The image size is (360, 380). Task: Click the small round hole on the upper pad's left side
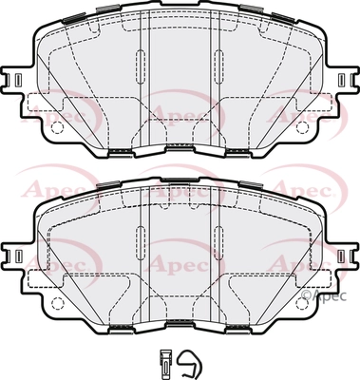click(x=58, y=127)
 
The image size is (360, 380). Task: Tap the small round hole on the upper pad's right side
click(x=302, y=127)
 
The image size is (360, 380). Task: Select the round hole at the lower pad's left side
click(x=58, y=303)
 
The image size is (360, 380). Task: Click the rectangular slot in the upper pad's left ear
click(x=18, y=78)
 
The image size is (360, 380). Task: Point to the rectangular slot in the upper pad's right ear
click(x=342, y=78)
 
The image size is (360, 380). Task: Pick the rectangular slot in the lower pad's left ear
click(x=18, y=255)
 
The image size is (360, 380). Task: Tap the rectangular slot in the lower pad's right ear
click(x=342, y=255)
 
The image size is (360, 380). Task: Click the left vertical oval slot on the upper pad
click(x=141, y=66)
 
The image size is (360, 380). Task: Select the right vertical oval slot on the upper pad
click(x=218, y=66)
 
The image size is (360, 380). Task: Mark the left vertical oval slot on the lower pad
click(x=141, y=243)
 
